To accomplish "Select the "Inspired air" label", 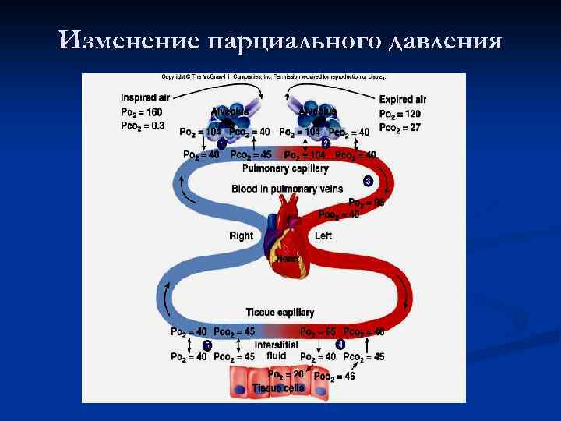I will tap(146, 97).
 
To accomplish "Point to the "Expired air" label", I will tap(403, 99).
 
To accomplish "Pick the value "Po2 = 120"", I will tap(400, 113).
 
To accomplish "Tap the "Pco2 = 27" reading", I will tap(400, 126).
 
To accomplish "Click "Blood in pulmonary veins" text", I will tap(286, 189).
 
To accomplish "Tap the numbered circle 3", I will tap(368, 182).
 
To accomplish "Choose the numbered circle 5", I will tap(207, 345).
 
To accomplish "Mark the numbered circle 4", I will tap(340, 344).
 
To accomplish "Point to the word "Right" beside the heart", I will tap(241, 235).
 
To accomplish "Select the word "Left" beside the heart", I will tap(323, 235).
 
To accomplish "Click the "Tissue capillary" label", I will tap(280, 312).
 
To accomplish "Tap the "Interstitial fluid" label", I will tap(276, 349).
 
